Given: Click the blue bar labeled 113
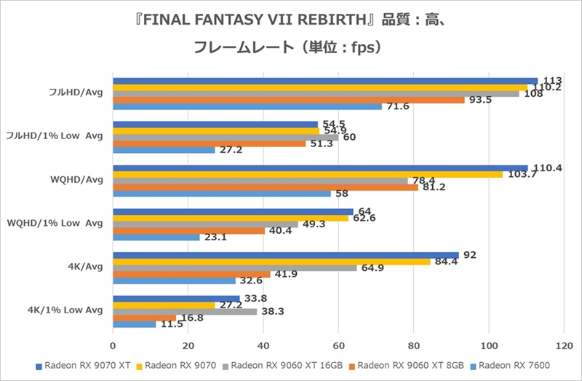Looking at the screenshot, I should coord(325,81).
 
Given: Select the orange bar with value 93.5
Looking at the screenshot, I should coord(288,100).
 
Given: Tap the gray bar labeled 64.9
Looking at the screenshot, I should coord(234,268).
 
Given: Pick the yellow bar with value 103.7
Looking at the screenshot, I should coord(307,174).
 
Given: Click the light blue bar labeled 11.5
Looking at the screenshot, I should coord(134,323).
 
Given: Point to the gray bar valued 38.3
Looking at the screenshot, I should coord(185,311).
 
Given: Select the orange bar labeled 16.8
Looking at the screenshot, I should coord(144,318).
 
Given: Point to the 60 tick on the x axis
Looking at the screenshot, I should coord(338,346).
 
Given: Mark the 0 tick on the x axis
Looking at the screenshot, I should coord(113,346).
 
